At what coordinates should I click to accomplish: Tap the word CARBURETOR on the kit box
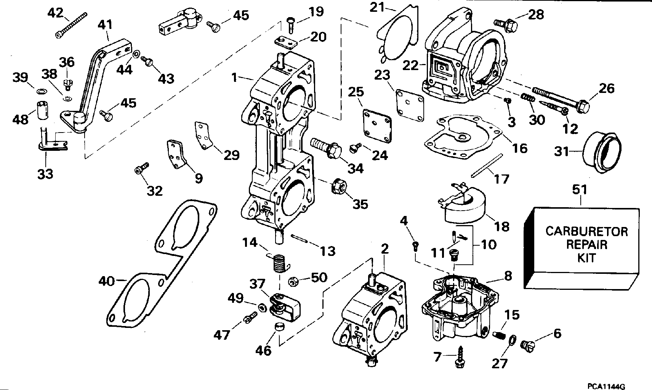[586, 231]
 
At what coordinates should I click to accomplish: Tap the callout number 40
[106, 281]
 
